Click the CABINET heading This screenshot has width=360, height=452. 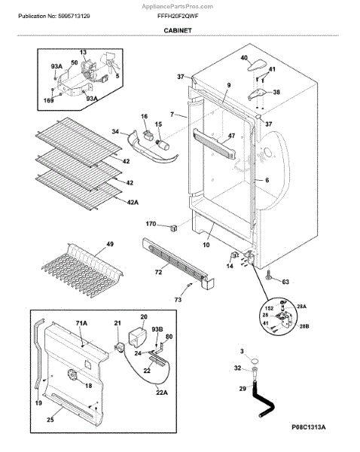pos(178,30)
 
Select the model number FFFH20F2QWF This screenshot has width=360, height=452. pos(178,17)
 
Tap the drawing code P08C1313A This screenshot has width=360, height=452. pos(308,427)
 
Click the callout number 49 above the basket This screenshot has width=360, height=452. pos(110,244)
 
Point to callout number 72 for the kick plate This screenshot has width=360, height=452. pos(158,272)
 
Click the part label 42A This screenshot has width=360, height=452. pos(133,203)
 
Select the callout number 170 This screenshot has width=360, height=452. pos(151,224)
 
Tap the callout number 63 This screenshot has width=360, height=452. pos(285,282)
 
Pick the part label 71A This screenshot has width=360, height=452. pos(81,323)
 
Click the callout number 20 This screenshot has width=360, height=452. pos(144,317)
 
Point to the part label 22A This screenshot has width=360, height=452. pos(162,392)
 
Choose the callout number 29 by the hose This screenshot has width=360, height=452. pos(243,389)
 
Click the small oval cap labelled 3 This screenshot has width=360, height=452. pos(255,361)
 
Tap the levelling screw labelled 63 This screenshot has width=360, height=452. pos(269,275)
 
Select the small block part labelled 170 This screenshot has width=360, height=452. pos(173,228)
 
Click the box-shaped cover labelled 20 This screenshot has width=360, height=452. pos(137,335)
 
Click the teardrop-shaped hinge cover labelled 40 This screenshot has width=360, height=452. pos(257,65)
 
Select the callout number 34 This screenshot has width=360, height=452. pos(115,132)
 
